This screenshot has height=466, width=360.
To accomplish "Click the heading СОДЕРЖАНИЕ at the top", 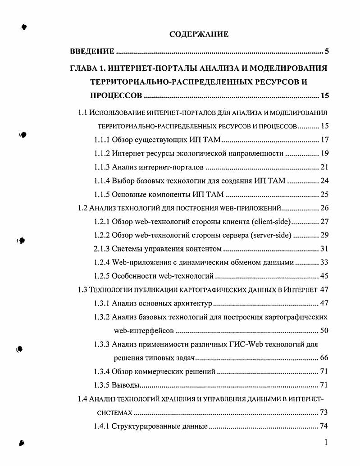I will [x=199, y=34].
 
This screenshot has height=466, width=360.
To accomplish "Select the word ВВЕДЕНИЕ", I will [x=92, y=51].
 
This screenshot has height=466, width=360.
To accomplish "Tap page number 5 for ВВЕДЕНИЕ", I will [x=326, y=51].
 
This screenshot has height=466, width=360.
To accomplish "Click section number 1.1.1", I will [x=102, y=140].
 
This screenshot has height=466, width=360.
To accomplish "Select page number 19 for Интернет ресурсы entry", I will [x=324, y=154].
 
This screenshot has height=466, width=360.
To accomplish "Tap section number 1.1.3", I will [x=102, y=168].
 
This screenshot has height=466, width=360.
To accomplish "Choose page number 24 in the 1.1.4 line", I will [x=324, y=182].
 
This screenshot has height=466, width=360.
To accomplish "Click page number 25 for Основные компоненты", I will [x=324, y=195].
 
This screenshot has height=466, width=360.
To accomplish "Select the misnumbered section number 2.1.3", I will [x=102, y=249].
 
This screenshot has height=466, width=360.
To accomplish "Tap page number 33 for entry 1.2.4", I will [x=324, y=263].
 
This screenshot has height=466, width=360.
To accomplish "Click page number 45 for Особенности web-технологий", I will [x=324, y=276].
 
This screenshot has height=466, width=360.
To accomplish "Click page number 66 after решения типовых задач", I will [x=324, y=358].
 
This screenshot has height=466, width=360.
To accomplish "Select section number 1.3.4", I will [x=102, y=372].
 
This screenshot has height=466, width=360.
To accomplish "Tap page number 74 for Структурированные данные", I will [x=324, y=426].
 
